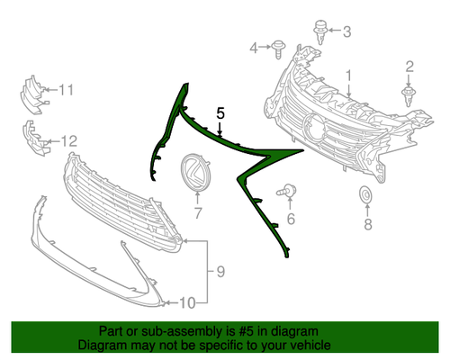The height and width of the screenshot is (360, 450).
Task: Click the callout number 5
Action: (x=220, y=113)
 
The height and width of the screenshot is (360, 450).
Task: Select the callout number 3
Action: (x=346, y=31)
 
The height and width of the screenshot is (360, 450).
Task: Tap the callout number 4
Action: (x=254, y=48)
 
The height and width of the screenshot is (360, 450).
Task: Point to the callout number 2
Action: (x=409, y=67)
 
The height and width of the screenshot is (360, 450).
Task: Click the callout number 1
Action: (x=348, y=76)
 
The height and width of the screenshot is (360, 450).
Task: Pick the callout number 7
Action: (x=198, y=212)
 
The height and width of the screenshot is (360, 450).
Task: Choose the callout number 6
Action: (x=291, y=219)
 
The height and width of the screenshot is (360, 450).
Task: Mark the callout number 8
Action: (x=368, y=223)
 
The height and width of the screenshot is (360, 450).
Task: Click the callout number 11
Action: (x=66, y=90)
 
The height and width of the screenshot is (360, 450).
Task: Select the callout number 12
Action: (x=69, y=141)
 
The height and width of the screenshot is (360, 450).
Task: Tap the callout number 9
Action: (x=220, y=272)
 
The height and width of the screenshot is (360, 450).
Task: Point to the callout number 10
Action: (x=187, y=303)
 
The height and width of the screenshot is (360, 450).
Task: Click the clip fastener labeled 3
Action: (x=320, y=32)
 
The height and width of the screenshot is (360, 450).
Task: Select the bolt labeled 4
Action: (x=278, y=49)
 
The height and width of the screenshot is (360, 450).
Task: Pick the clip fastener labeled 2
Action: (x=408, y=96)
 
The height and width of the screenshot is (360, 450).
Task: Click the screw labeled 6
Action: (x=286, y=191)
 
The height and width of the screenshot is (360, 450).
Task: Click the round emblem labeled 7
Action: (x=195, y=172)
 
